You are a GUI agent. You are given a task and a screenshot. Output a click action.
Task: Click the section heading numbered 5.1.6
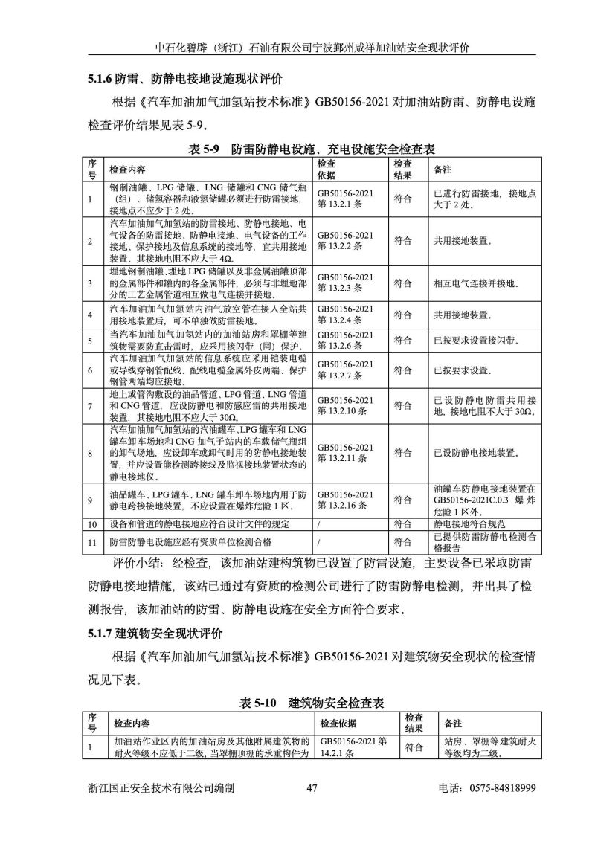tap(181, 77)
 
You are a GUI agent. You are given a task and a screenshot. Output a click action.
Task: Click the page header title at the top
tap(312, 46)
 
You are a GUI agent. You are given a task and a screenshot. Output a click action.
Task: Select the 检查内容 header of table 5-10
tap(132, 723)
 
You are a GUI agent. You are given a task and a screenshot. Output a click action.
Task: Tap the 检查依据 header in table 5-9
tap(327, 169)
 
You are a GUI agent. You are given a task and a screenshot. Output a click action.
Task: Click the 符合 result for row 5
tap(403, 341)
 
